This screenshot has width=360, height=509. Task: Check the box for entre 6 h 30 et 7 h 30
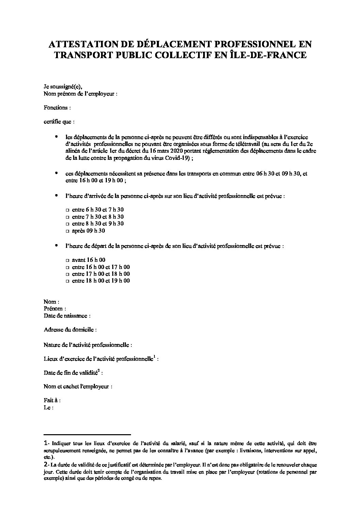click(x=67, y=210)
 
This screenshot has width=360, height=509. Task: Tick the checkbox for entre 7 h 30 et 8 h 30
click(x=67, y=217)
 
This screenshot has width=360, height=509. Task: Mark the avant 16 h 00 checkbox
click(x=67, y=260)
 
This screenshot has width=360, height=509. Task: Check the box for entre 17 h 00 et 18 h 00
click(x=67, y=274)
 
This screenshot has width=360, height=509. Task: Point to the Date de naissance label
click(x=67, y=316)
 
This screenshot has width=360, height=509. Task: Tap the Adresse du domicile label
click(x=70, y=330)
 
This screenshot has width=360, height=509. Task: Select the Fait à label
click(x=52, y=401)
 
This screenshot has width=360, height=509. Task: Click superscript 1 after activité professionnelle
click(x=154, y=357)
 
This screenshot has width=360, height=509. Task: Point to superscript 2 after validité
click(x=98, y=371)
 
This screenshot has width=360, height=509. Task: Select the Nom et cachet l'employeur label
click(x=78, y=387)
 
